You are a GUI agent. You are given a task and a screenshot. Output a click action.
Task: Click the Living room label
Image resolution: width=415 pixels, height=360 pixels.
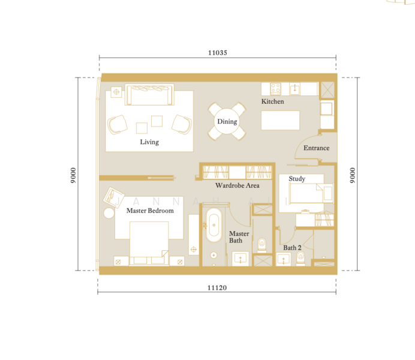click(x=149, y=142)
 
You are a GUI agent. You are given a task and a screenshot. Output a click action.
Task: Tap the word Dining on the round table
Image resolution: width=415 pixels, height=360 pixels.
click(x=227, y=121)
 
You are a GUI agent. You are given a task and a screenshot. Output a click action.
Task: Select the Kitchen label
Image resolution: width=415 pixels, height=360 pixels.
click(x=273, y=101)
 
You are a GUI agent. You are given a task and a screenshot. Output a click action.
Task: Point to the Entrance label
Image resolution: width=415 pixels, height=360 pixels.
click(x=316, y=148)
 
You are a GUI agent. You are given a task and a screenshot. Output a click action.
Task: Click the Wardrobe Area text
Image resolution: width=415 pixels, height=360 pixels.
click(x=237, y=185)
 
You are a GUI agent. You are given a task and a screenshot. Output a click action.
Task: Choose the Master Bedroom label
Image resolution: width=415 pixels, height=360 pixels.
click(x=150, y=211)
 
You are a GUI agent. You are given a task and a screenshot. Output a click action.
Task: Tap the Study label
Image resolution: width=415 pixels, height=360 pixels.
click(x=297, y=179)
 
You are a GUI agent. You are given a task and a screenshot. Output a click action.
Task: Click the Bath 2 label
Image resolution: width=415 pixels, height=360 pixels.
click(x=292, y=248)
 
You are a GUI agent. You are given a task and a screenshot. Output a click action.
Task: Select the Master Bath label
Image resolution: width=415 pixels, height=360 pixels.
click(x=239, y=237)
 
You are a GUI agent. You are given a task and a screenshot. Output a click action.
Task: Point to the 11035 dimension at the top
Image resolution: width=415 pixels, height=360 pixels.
click(x=218, y=53)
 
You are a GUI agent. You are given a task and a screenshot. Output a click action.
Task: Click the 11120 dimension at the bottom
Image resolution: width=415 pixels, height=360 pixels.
click(x=217, y=288)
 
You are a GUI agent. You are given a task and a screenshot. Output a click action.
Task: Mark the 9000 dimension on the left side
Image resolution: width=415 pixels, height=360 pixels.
click(x=73, y=175)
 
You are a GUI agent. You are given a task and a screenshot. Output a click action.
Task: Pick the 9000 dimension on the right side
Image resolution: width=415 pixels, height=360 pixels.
click(x=352, y=175)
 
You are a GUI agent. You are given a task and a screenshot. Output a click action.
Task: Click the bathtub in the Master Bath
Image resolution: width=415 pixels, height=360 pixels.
click(x=214, y=225)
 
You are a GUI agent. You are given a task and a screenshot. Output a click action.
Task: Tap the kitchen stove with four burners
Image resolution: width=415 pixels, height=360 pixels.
click(x=275, y=89)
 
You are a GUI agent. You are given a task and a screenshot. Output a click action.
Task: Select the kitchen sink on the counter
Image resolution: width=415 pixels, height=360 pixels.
click(x=295, y=89)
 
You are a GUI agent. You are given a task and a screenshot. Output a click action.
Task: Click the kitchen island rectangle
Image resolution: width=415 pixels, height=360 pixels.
click(x=280, y=121)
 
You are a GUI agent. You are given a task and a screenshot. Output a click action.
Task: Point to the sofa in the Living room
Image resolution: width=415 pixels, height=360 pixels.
click(x=149, y=95)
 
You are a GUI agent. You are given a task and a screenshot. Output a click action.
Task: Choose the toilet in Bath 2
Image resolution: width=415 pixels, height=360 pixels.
click(x=300, y=258)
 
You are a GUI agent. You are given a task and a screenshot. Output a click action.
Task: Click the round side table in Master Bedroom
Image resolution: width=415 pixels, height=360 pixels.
click(x=109, y=213)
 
